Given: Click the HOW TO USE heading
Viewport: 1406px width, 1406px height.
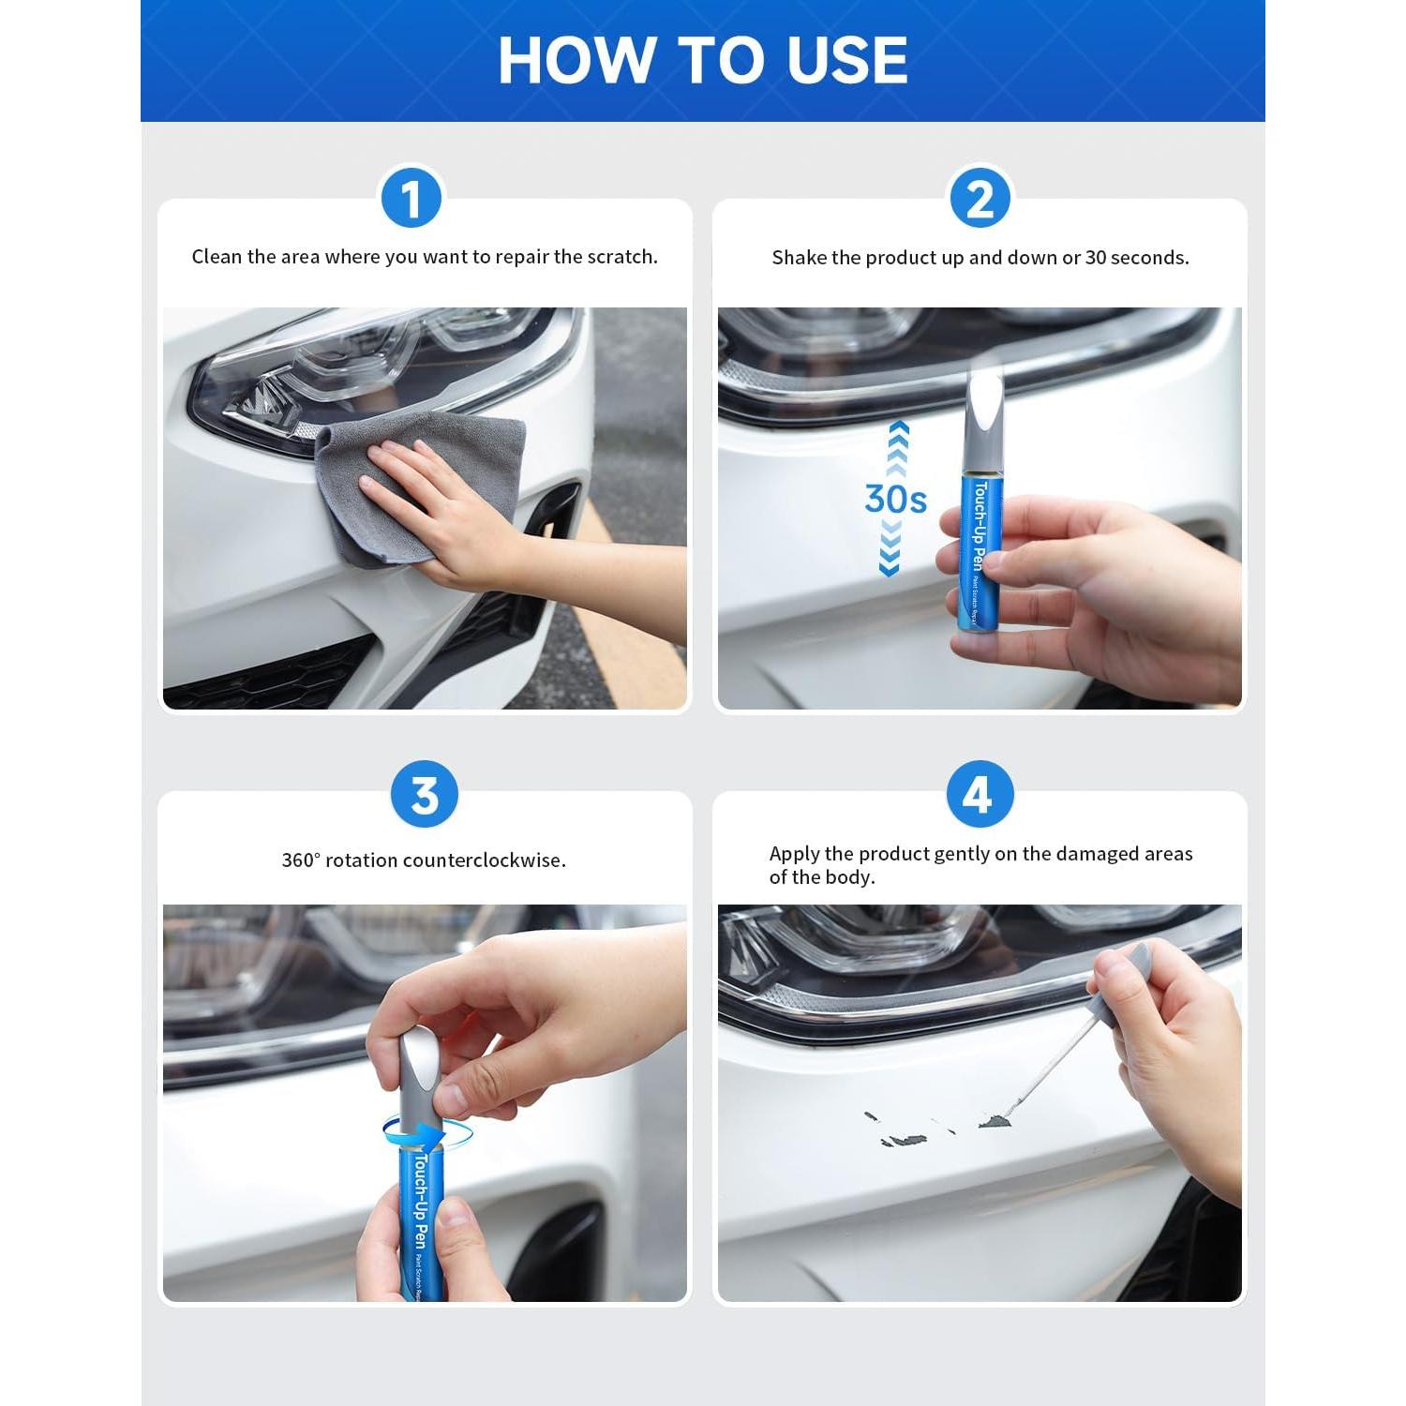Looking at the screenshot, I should click(x=702, y=60).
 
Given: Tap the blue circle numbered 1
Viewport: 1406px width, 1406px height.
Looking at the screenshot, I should click(x=411, y=199).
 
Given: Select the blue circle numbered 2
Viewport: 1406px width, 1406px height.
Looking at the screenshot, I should click(x=980, y=199).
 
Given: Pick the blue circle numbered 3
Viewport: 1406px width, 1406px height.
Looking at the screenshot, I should click(x=424, y=795).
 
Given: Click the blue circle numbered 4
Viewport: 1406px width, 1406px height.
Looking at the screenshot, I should click(x=980, y=795).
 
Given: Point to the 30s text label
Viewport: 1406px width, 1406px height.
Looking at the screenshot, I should click(x=895, y=499).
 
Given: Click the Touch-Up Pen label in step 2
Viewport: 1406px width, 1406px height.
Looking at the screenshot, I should click(x=980, y=525).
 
